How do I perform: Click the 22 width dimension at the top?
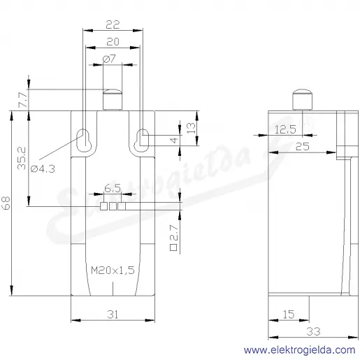click(x=113, y=24)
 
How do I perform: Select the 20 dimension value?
click(x=113, y=42)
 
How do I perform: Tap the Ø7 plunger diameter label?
click(x=109, y=59)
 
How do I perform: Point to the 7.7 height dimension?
click(x=23, y=100)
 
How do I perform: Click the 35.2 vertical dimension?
click(x=22, y=158)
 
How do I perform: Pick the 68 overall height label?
click(x=6, y=203)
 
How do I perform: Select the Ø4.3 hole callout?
click(x=43, y=168)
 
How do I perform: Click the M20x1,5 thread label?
click(x=113, y=271)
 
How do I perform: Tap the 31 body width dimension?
click(x=113, y=315)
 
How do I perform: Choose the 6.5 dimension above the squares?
click(x=113, y=188)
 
